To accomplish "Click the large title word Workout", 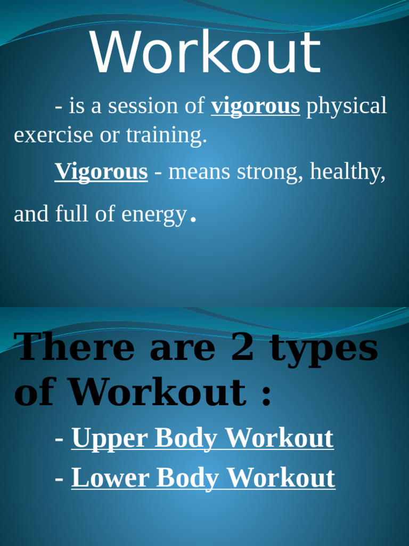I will click(206, 53).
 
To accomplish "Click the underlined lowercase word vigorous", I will click(256, 106).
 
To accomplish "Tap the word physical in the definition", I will click(346, 106).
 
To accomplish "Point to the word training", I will click(166, 135).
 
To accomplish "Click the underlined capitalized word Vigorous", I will click(101, 172).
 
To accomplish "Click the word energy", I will click(154, 215).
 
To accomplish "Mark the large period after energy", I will click(193, 219).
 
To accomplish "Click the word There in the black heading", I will click(76, 347).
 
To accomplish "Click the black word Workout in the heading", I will click(158, 393).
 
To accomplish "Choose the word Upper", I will click(110, 439).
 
